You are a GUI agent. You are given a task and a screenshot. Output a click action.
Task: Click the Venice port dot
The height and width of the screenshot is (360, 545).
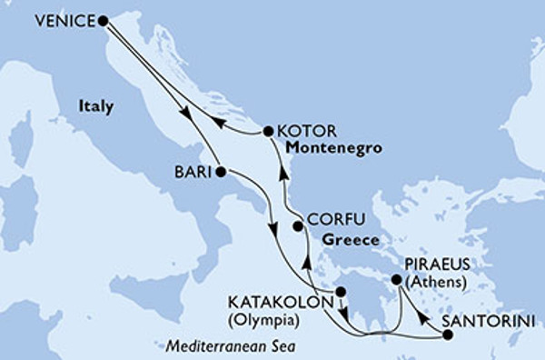coord(102,19)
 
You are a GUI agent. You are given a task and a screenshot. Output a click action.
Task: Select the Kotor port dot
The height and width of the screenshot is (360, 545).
coord(268,132)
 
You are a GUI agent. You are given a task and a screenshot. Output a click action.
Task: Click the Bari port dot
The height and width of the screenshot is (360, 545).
coord(221,171)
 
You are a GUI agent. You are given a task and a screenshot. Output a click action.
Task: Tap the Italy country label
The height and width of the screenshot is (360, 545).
coord(94,106)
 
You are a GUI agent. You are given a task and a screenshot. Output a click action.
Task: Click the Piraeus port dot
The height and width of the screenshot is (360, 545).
coord(395,281)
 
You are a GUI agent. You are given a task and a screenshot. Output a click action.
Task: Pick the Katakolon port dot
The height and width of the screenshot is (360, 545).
coord(341,292)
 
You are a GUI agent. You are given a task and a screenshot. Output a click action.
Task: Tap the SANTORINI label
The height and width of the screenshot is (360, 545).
coord(493,321)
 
